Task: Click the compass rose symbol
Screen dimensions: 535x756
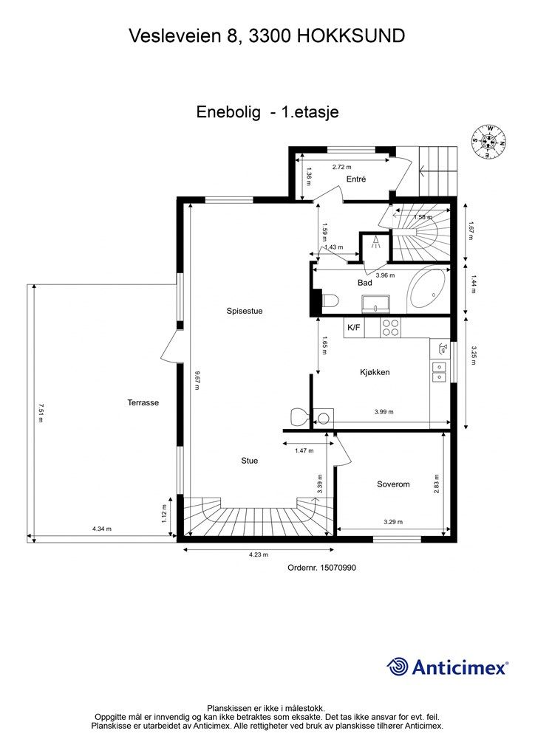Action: [489, 141]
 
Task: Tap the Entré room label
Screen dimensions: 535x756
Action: [356, 179]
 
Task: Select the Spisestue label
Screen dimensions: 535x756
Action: [245, 311]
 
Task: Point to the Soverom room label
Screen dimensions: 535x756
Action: [393, 484]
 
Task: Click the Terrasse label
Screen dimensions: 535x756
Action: [143, 402]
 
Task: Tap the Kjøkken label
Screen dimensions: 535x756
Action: [375, 372]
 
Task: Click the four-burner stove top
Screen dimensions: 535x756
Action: [389, 328]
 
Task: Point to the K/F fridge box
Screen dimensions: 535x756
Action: [354, 328]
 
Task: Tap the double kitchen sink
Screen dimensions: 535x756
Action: [438, 372]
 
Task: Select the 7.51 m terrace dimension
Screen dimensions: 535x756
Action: [41, 413]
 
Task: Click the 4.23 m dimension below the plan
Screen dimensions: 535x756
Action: [258, 554]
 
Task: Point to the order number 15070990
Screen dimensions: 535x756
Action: [321, 568]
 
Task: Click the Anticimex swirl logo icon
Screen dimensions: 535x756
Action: [397, 667]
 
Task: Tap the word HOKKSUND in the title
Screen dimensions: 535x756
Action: [351, 35]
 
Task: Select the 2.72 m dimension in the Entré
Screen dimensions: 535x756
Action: [341, 168]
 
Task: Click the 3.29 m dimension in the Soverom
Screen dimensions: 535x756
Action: [393, 522]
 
